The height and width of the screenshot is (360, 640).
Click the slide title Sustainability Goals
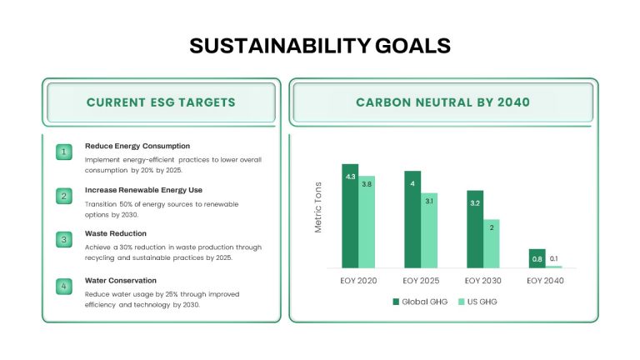pos(320,46)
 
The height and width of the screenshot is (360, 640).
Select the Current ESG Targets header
pos(161,102)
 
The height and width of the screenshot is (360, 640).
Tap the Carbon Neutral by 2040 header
pos(442,102)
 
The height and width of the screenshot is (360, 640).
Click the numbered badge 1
pos(64,152)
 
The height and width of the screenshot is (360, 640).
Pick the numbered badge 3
pos(64,240)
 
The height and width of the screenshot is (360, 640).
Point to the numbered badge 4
pos(64,287)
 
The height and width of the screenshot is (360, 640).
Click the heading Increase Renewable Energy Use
pos(143,190)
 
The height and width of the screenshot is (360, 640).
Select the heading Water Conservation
pos(121,280)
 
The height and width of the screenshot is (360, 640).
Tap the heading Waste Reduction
pos(116,233)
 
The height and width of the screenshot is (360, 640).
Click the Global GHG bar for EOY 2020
pos(350,216)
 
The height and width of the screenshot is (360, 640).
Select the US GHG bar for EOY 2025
pos(429,231)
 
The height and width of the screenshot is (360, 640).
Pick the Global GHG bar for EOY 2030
pos(475,229)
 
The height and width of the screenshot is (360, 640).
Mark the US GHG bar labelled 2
pos(492,243)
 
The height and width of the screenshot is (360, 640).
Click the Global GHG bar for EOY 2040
pos(537,259)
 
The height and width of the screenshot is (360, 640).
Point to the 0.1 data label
pos(554,259)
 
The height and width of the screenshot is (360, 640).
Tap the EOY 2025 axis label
pos(421,281)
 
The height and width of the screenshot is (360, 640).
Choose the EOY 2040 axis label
pos(545,281)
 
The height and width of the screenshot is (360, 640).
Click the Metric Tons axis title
pos(318,207)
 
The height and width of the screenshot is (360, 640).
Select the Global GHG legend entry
pos(420,302)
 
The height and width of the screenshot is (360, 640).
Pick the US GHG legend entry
pos(477,302)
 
